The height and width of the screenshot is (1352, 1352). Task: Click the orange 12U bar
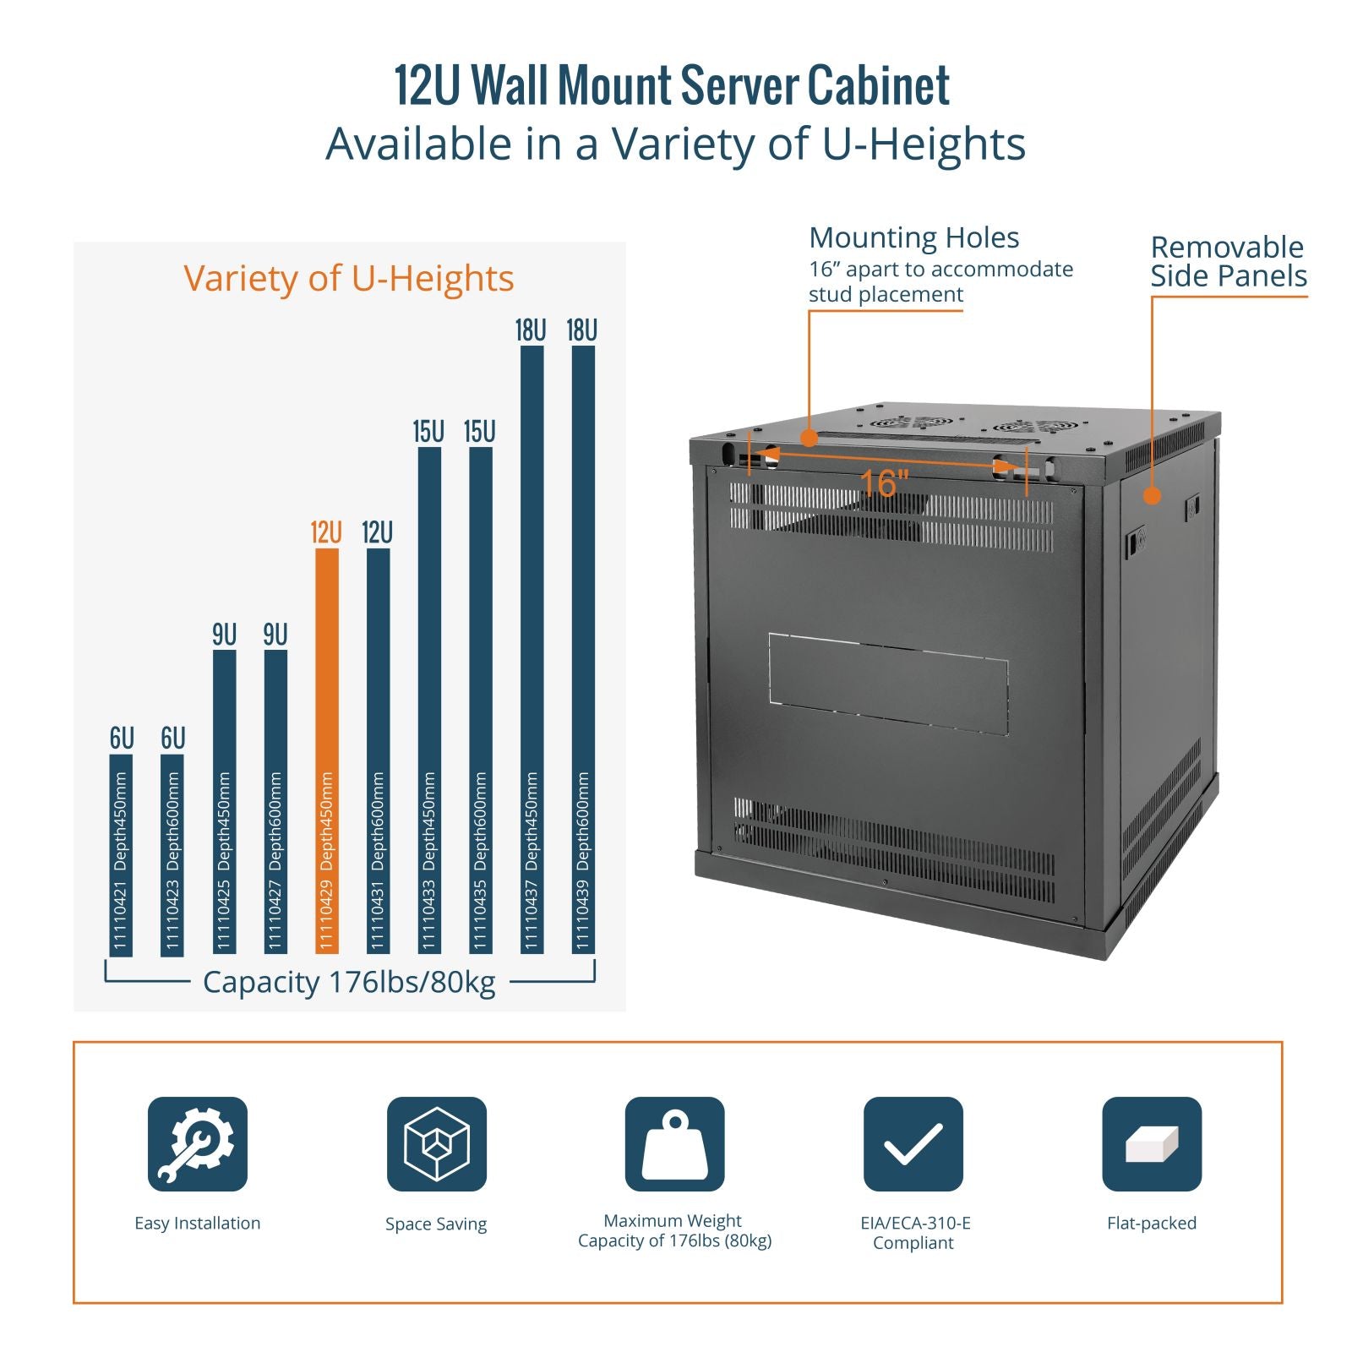pyautogui.click(x=327, y=751)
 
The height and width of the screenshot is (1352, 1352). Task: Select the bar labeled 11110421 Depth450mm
pyautogui.click(x=122, y=854)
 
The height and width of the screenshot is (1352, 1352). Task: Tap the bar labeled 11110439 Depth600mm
pyautogui.click(x=583, y=650)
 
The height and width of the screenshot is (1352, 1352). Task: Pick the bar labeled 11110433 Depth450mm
pyautogui.click(x=429, y=701)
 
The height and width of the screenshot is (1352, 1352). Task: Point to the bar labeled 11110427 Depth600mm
pyautogui.click(x=275, y=802)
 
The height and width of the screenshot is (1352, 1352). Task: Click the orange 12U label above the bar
pyautogui.click(x=326, y=533)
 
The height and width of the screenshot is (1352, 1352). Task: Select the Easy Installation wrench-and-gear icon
pyautogui.click(x=198, y=1144)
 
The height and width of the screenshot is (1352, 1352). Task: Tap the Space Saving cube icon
pyautogui.click(x=437, y=1144)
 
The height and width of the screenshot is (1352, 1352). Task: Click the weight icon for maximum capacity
pyautogui.click(x=675, y=1144)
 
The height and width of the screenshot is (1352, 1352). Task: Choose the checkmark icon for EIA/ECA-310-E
pyautogui.click(x=913, y=1144)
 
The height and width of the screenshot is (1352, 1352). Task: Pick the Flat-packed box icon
pyautogui.click(x=1152, y=1144)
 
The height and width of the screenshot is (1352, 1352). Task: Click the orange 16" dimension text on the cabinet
pyautogui.click(x=884, y=484)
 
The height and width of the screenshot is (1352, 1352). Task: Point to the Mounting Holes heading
pyautogui.click(x=914, y=238)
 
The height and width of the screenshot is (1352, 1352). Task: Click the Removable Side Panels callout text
pyautogui.click(x=1229, y=262)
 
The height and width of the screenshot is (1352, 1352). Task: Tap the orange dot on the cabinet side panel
pyautogui.click(x=1152, y=496)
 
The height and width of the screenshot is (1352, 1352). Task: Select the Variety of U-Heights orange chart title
pyautogui.click(x=349, y=278)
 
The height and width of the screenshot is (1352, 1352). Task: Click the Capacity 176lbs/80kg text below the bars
pyautogui.click(x=349, y=982)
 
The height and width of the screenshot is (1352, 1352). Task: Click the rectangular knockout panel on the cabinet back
pyautogui.click(x=888, y=684)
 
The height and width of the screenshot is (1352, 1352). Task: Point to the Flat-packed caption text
pyautogui.click(x=1152, y=1223)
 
